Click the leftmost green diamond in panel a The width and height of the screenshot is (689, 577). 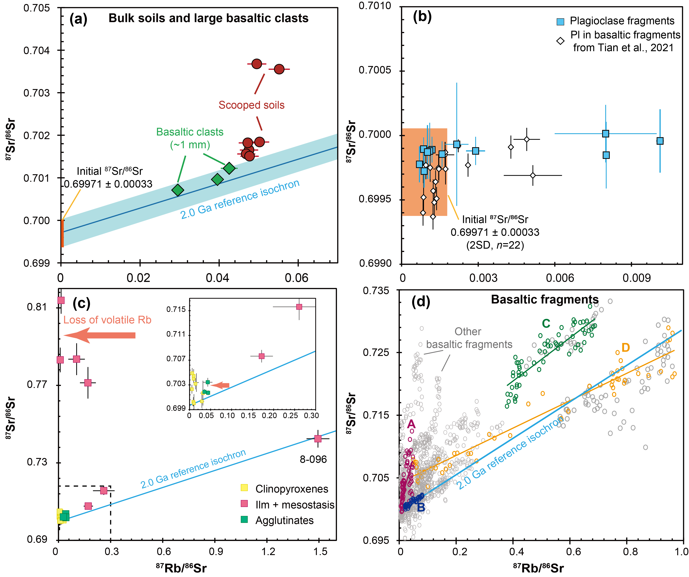(x=177, y=190)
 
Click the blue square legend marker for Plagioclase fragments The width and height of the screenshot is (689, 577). (x=560, y=22)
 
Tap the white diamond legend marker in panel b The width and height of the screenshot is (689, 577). (x=560, y=41)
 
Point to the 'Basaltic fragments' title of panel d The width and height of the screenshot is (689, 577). (x=545, y=299)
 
